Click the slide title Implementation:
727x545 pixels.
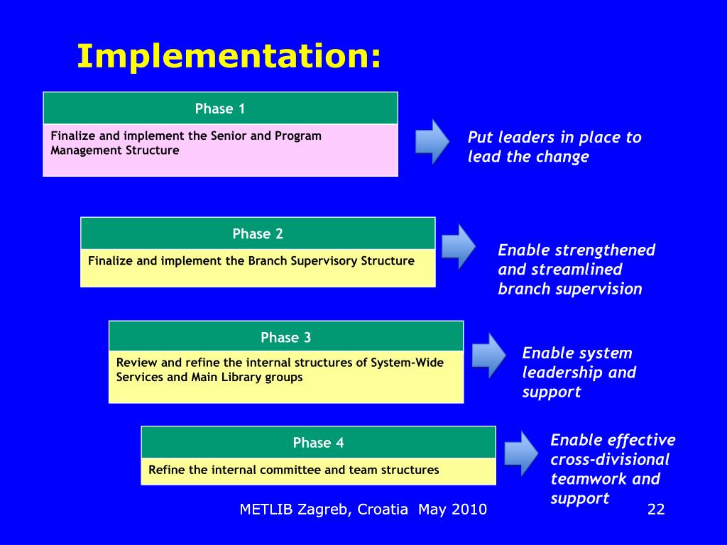[x=229, y=57]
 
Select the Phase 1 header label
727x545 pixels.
[x=220, y=109]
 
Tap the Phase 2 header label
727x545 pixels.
[x=258, y=233]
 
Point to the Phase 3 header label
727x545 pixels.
[x=285, y=337]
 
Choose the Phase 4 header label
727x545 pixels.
[x=318, y=443]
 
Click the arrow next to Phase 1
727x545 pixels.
[x=432, y=141]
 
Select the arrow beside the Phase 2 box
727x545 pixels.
[x=459, y=246]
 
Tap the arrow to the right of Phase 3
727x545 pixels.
[x=488, y=354]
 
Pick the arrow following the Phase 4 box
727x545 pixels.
[x=521, y=453]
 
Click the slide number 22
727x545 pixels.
[x=656, y=510]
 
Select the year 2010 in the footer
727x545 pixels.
[x=468, y=510]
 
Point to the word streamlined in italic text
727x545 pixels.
[x=576, y=270]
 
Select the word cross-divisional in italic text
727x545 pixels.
[x=610, y=459]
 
